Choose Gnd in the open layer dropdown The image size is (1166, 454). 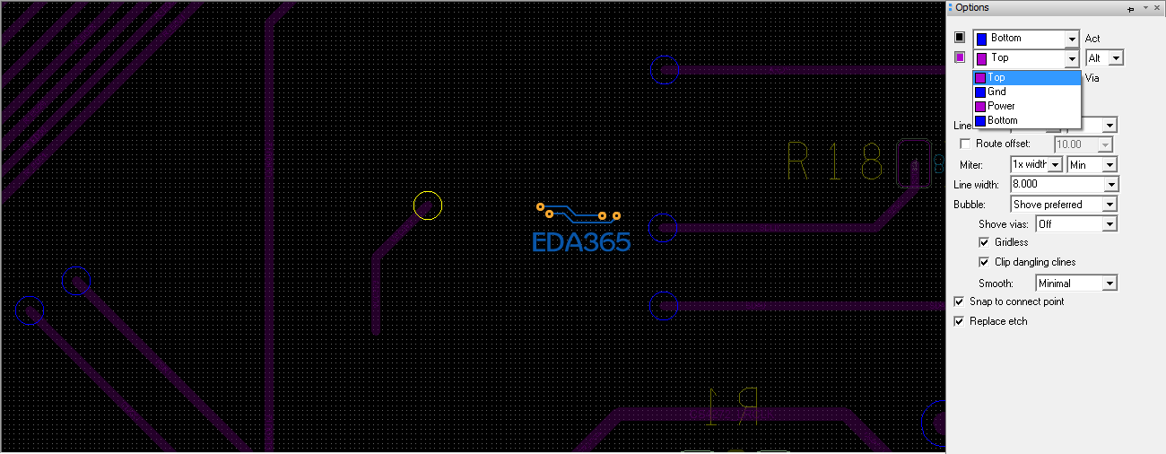click(996, 92)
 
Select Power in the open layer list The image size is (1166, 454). click(1001, 106)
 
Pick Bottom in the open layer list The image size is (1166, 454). click(1002, 120)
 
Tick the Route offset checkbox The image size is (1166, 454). click(965, 144)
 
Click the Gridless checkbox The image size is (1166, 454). click(984, 242)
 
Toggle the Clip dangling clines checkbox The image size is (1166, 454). click(984, 262)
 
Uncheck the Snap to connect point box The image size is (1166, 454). click(960, 301)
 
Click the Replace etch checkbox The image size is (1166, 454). click(960, 321)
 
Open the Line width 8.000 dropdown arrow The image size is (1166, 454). click(1111, 185)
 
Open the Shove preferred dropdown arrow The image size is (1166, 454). click(1110, 205)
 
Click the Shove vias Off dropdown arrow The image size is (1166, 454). click(1110, 224)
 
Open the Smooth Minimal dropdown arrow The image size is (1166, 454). click(1110, 284)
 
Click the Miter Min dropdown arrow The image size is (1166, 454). click(1110, 165)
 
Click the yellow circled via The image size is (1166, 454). click(428, 205)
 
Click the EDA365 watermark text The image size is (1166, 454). click(581, 242)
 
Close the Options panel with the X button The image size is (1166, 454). click(1156, 8)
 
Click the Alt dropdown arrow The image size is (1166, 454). click(1117, 58)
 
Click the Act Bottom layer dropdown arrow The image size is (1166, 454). click(1072, 39)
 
